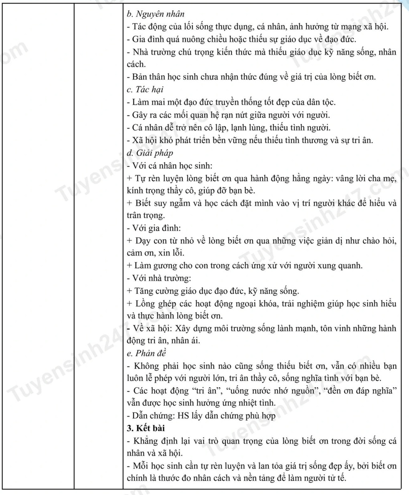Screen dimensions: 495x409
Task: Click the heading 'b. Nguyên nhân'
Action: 156,14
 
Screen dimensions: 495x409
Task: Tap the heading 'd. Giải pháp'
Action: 150,153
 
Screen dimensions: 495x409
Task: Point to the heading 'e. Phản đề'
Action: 146,353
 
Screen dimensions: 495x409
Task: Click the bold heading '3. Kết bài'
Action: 146,428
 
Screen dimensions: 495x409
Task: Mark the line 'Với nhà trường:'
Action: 161,278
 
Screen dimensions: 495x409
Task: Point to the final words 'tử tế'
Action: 336,478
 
